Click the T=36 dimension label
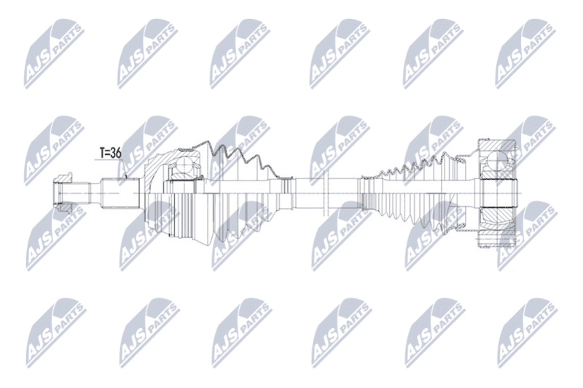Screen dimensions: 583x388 (111, 153)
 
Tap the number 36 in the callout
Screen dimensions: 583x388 (116, 153)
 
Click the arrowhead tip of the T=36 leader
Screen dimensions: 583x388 (127, 178)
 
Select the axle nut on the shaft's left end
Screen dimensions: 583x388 (62, 193)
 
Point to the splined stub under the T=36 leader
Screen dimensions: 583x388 (120, 193)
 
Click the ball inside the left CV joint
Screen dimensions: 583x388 (183, 165)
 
